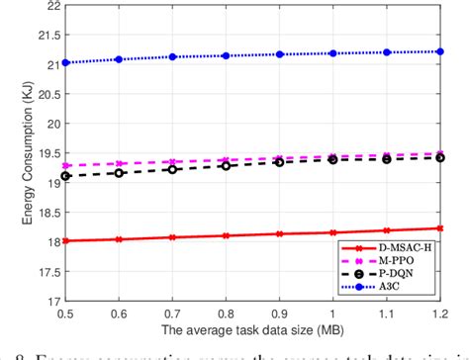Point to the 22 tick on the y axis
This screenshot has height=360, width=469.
pos(48,7)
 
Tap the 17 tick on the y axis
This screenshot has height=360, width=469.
pos(48,299)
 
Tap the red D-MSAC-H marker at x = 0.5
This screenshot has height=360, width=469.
pos(65,240)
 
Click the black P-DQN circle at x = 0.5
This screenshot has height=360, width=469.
pos(65,175)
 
